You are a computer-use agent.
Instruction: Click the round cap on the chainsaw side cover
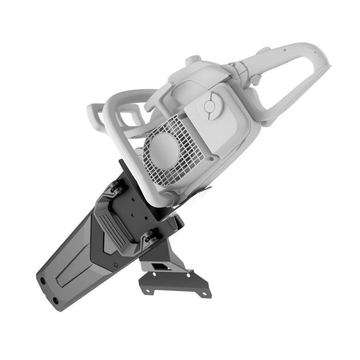[x=210, y=106]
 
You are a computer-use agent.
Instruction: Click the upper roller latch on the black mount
[x=115, y=188]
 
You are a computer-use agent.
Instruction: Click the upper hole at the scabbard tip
[x=43, y=281]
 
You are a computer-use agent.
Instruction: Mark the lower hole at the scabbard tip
[x=56, y=300]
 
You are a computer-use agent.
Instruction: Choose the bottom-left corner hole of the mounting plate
[x=147, y=291]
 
